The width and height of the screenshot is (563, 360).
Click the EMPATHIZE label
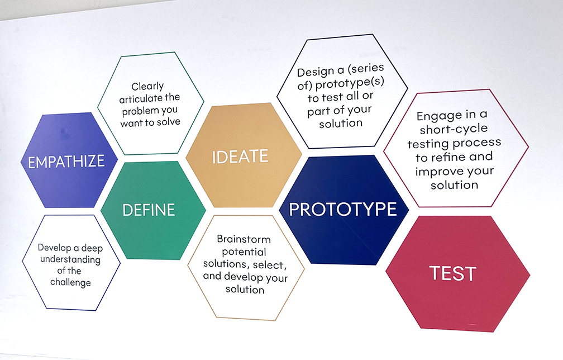pos(66,162)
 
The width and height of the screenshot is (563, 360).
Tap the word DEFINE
pos(149,210)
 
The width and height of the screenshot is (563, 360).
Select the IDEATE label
pos(240,157)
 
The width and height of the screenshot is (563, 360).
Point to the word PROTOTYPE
pos(343,209)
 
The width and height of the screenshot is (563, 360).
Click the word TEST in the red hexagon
pos(453,273)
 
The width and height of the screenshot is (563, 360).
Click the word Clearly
pos(147,87)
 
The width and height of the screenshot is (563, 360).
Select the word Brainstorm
pos(244,239)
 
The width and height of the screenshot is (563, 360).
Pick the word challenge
pos(70,282)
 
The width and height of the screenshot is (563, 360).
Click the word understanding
pos(70,260)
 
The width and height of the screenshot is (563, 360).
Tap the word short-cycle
pos(454,129)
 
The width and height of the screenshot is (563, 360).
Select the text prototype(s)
pos(350,83)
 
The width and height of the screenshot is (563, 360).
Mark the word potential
pos(244,252)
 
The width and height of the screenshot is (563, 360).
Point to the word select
pos(270,265)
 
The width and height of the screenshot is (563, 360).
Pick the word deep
pos(92,249)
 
